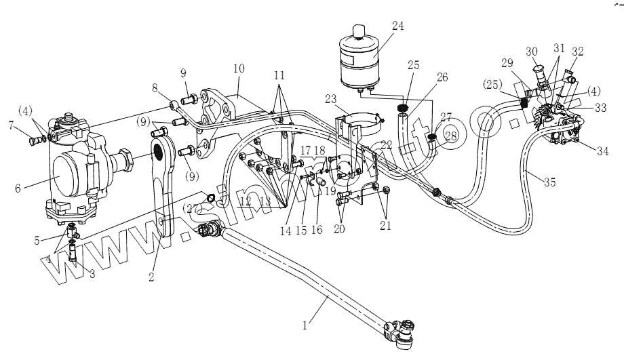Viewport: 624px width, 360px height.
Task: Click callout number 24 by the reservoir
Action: point(397,26)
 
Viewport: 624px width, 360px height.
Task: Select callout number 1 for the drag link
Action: point(306,325)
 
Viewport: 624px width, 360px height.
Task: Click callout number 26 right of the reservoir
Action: point(442,78)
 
